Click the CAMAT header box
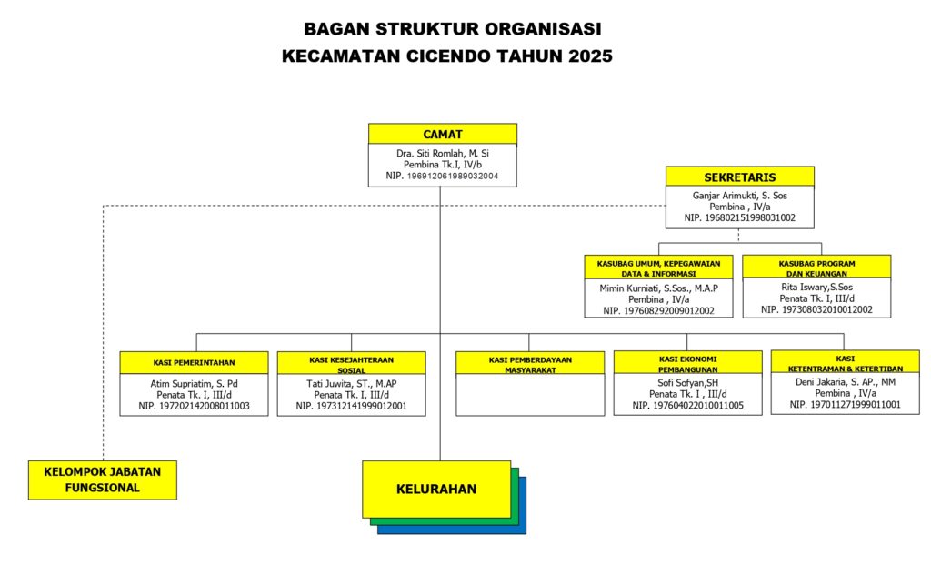pos(442,135)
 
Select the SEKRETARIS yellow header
pos(739,177)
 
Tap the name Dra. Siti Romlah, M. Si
pos(442,153)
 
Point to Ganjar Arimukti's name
pos(739,195)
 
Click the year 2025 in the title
pos(590,56)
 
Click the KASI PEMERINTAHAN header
pos(194,363)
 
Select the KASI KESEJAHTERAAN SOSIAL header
pos(351,363)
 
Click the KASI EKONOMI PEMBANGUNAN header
pos(687,363)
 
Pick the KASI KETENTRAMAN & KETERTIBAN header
pos(845,363)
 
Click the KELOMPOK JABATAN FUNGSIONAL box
pos(102,480)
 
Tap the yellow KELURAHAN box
pos(436,489)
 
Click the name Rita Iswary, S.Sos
pos(816,288)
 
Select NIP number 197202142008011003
pos(194,406)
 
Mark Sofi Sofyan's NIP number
pos(687,406)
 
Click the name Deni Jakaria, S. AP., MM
pos(845,383)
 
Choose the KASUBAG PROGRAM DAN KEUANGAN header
pos(816,268)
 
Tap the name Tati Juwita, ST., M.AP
pos(351,383)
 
